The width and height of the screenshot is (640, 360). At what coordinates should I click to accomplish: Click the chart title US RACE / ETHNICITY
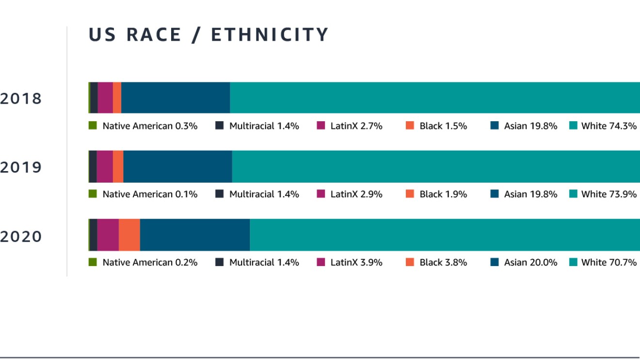(208, 35)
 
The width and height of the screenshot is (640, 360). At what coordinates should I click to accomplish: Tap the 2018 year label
(21, 99)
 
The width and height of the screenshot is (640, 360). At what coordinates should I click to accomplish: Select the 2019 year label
(21, 168)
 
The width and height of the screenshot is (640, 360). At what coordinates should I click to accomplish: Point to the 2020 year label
(21, 237)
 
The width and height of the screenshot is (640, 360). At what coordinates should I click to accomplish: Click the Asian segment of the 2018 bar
(176, 97)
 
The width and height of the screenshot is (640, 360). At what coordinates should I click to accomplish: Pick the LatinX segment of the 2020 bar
(108, 235)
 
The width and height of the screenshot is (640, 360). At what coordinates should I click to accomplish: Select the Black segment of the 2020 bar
(129, 235)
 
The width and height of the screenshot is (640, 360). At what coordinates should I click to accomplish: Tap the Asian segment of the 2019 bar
(177, 166)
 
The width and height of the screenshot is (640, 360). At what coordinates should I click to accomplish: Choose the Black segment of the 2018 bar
(117, 97)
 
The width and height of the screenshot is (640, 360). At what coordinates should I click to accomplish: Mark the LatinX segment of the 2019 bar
(105, 166)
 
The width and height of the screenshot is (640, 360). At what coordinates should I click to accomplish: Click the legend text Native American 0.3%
(150, 126)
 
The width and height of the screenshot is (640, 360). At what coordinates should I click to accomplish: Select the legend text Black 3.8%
(443, 263)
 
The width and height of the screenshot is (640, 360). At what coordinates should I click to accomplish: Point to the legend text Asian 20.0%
(530, 263)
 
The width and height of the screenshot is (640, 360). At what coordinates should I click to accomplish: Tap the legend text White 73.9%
(609, 194)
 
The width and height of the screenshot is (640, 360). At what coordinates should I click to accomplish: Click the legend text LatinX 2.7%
(356, 126)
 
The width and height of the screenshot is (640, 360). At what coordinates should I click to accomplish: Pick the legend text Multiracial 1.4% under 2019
(264, 194)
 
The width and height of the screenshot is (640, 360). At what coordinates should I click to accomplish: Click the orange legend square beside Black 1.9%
(410, 194)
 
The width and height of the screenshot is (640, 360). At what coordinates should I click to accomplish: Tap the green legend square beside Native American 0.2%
(93, 262)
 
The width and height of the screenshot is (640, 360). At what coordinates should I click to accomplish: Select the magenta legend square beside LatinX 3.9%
(321, 262)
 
